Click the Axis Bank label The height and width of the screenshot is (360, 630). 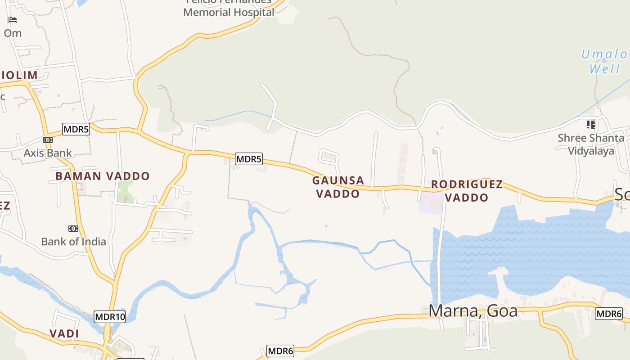[48, 153]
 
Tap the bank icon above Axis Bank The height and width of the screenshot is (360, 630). [48, 140]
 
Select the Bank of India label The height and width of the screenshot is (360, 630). [73, 242]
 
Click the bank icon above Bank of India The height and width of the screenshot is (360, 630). [73, 229]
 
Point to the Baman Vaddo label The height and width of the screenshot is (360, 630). [103, 176]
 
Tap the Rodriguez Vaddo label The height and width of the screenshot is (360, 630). [467, 191]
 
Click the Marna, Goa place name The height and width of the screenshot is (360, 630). [473, 311]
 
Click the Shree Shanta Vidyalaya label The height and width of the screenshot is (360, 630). [591, 144]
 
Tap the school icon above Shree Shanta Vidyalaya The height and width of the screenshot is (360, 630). [591, 124]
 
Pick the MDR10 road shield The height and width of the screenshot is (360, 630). [110, 317]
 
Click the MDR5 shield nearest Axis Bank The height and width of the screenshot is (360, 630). [76, 130]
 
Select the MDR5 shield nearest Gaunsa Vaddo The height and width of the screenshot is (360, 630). [249, 159]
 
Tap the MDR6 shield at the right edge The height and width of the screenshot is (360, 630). [609, 314]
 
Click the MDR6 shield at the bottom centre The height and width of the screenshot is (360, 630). [280, 351]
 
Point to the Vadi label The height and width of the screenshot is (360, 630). [64, 334]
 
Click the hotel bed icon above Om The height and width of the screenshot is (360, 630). [13, 20]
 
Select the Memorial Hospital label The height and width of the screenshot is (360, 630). [229, 12]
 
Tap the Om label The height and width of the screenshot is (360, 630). [13, 33]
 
